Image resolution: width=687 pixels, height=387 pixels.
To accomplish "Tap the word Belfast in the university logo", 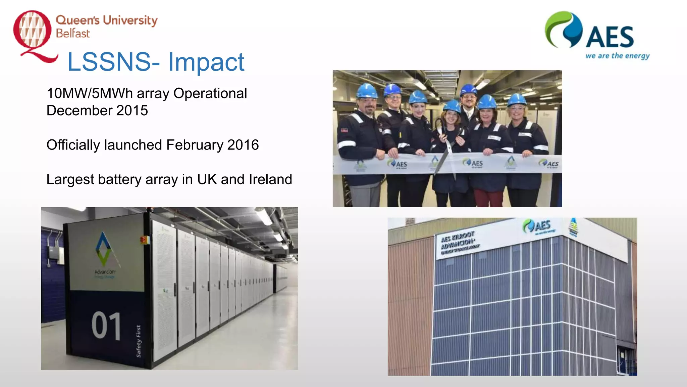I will click(73, 34).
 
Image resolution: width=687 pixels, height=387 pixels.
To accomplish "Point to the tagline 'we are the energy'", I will click(617, 56).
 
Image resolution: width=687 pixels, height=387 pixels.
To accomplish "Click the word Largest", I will click(70, 179).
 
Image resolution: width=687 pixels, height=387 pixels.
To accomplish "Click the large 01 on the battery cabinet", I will click(106, 326).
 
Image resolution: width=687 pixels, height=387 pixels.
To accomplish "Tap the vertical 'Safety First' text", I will click(139, 341).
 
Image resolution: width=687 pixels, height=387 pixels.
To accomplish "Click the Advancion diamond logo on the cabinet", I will click(103, 249).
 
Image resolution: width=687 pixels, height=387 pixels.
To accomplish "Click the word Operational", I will click(210, 93).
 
